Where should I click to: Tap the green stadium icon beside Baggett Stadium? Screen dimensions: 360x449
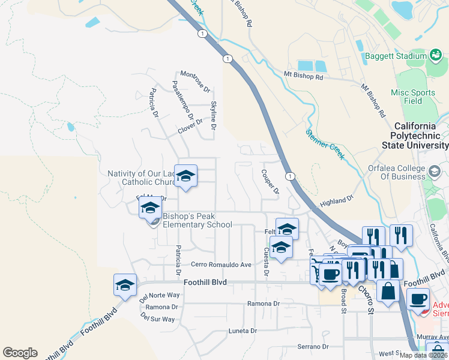point(436,56)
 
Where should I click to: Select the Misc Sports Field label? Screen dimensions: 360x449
point(413,97)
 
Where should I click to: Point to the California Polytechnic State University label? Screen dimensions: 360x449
point(415,136)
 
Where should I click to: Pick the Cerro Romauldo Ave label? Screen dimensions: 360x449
point(221,264)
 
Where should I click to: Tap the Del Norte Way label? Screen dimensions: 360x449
point(160,295)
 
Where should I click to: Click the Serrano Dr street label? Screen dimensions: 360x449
point(313,347)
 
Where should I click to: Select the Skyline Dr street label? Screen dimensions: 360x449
point(213,115)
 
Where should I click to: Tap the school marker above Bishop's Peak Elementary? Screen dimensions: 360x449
point(150,209)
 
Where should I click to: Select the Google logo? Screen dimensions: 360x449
point(20,353)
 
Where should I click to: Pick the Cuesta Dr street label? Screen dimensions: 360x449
point(265,259)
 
